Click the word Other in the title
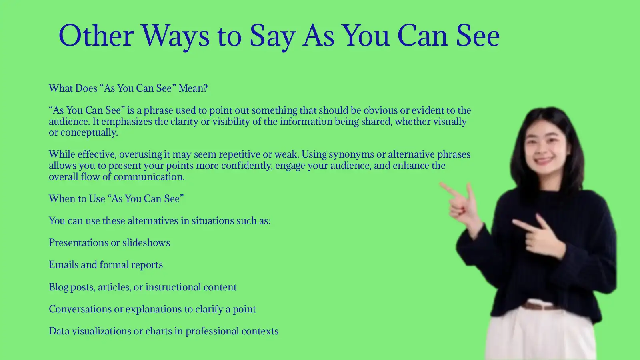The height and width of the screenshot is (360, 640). point(96,36)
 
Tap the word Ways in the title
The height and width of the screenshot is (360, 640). point(175,36)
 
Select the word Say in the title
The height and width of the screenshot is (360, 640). point(272,36)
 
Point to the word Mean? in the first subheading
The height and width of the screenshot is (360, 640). point(193,88)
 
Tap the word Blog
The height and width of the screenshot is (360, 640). point(58,287)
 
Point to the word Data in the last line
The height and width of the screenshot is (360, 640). point(59,331)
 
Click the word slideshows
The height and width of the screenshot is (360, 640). point(146,243)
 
